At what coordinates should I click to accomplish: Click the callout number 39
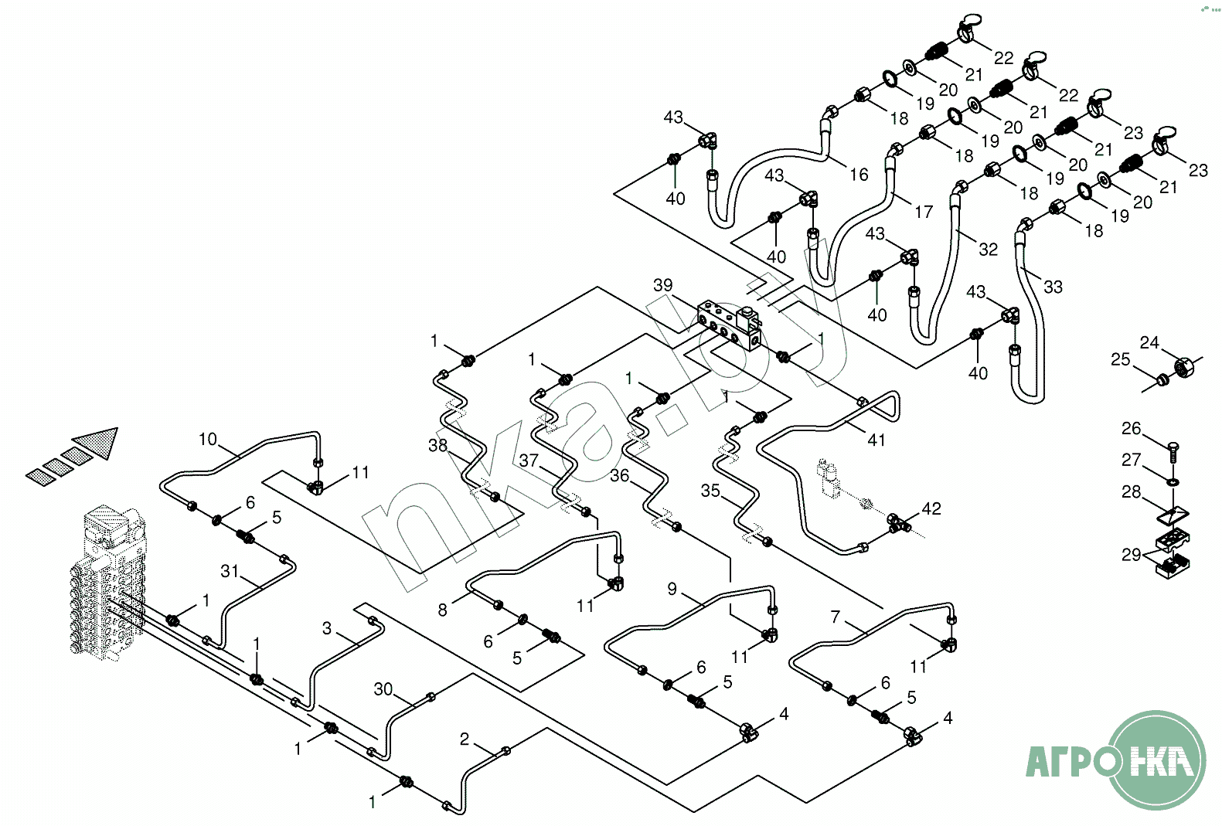click(x=663, y=285)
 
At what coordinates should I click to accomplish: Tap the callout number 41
click(x=876, y=440)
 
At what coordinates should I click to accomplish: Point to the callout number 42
click(x=931, y=508)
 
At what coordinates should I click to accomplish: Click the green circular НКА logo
click(x=1157, y=760)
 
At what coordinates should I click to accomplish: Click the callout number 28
click(x=1131, y=491)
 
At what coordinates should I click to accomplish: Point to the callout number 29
click(x=1131, y=554)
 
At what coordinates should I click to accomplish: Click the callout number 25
click(x=1120, y=359)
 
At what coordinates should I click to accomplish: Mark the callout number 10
click(x=208, y=439)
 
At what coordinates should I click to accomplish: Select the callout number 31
click(x=230, y=571)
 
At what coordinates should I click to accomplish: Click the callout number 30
click(x=383, y=688)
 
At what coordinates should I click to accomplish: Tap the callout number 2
click(x=465, y=739)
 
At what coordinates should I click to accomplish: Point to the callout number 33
click(x=1053, y=287)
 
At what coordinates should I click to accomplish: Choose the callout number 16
click(x=859, y=175)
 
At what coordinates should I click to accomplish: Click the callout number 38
click(x=437, y=445)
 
